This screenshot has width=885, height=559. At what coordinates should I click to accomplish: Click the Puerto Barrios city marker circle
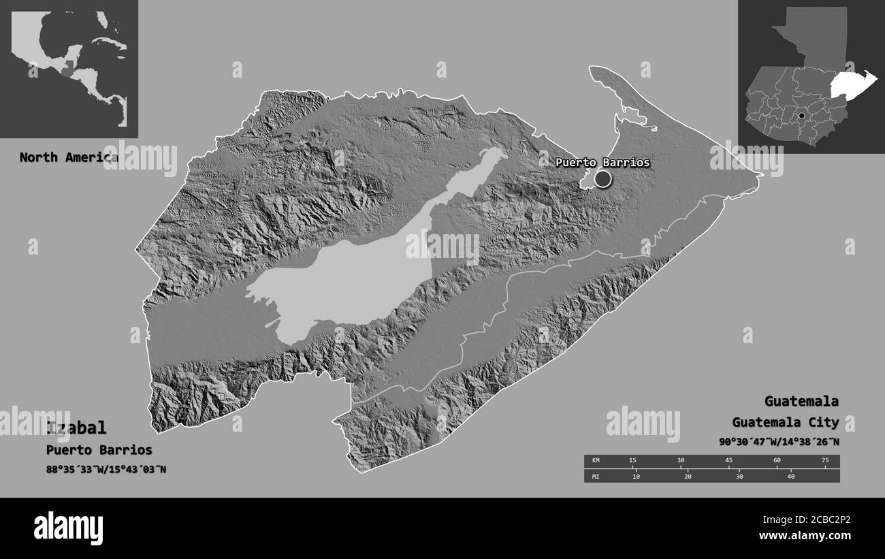click(603, 179)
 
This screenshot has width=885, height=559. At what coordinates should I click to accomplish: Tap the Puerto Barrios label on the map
click(602, 163)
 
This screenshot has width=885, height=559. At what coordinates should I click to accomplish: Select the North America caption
click(68, 157)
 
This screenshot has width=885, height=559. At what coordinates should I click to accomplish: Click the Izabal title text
click(76, 428)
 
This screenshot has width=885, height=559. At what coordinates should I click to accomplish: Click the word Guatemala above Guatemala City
click(801, 401)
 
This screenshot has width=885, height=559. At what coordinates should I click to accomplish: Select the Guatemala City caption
click(786, 422)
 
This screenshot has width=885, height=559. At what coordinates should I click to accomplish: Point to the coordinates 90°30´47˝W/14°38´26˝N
click(779, 442)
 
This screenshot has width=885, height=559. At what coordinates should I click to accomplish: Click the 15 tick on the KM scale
click(632, 461)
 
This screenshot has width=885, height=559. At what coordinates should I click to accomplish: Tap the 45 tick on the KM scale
click(728, 461)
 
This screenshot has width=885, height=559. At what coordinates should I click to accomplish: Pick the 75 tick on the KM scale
click(825, 461)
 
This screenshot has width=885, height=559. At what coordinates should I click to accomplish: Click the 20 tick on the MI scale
click(688, 476)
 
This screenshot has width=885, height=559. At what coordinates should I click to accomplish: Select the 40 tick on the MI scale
click(790, 476)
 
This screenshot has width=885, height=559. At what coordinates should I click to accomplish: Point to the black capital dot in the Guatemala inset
click(801, 116)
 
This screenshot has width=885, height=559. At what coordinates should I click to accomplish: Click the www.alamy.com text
click(805, 536)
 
